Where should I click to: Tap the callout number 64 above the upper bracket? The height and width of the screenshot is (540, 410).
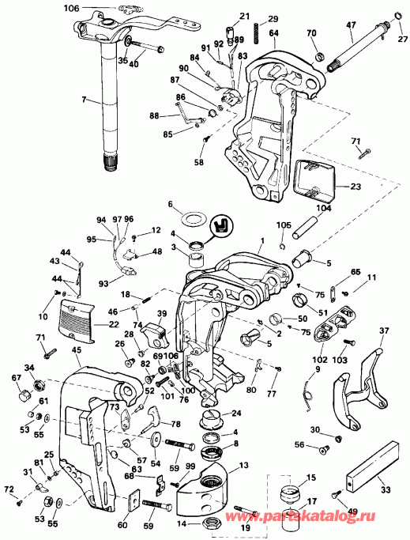tap(273, 32)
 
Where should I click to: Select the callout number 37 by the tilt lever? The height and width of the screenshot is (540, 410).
tap(385, 330)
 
